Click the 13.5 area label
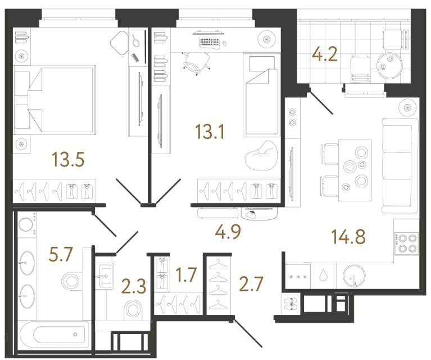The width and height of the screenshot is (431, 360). (x=68, y=160)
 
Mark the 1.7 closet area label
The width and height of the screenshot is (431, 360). (x=185, y=276)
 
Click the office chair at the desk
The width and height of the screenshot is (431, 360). (x=194, y=62)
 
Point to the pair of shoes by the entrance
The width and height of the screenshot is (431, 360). (x=291, y=305)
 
